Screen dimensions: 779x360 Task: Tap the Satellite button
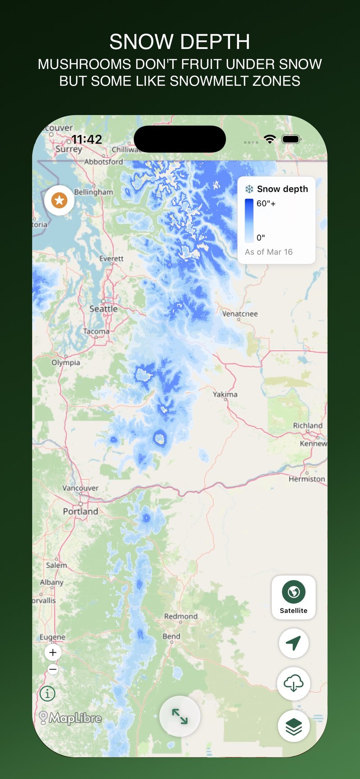point(293,597)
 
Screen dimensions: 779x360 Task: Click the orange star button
point(59,200)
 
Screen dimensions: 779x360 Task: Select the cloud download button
point(293,684)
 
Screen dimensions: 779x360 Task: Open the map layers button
point(293,725)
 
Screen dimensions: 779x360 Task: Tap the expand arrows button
point(180,716)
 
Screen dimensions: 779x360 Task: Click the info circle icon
point(48,693)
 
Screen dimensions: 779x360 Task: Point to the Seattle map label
point(103,309)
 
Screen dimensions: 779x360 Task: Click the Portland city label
point(81,511)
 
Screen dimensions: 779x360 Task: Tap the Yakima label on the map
point(225,394)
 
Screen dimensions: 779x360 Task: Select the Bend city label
point(171,636)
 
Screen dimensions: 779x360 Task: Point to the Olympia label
point(66,362)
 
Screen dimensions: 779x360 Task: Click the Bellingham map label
point(94,192)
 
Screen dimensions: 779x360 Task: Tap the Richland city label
point(308,425)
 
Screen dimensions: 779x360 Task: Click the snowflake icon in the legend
point(249,189)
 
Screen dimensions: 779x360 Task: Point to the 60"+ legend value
point(266,203)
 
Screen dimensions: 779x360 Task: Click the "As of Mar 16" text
point(269,252)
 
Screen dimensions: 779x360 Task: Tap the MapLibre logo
point(71,718)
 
